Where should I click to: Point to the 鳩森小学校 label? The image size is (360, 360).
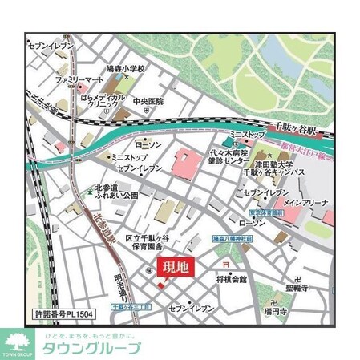point(125,70)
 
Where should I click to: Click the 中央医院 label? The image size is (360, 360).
point(148,102)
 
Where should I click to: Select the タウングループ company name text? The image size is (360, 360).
point(91,347)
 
